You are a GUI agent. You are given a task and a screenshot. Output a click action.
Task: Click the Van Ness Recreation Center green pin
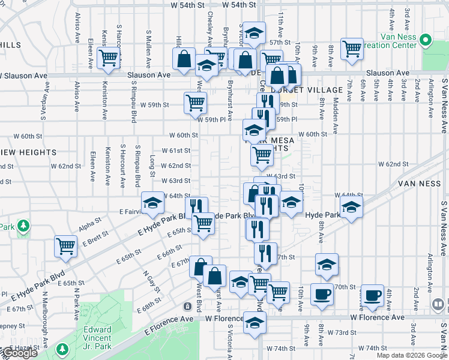[x=426, y=41]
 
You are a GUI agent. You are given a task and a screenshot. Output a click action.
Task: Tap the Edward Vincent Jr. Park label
[x=97, y=334]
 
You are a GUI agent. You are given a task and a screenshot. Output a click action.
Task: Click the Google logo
[x=19, y=353]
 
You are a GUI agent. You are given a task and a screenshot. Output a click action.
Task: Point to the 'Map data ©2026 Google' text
[x=412, y=355]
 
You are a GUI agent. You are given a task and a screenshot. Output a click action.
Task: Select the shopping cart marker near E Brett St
[x=65, y=245]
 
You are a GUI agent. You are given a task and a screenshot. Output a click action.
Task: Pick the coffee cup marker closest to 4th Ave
[x=373, y=295]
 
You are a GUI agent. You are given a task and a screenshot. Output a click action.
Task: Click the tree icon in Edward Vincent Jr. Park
[x=62, y=349]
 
